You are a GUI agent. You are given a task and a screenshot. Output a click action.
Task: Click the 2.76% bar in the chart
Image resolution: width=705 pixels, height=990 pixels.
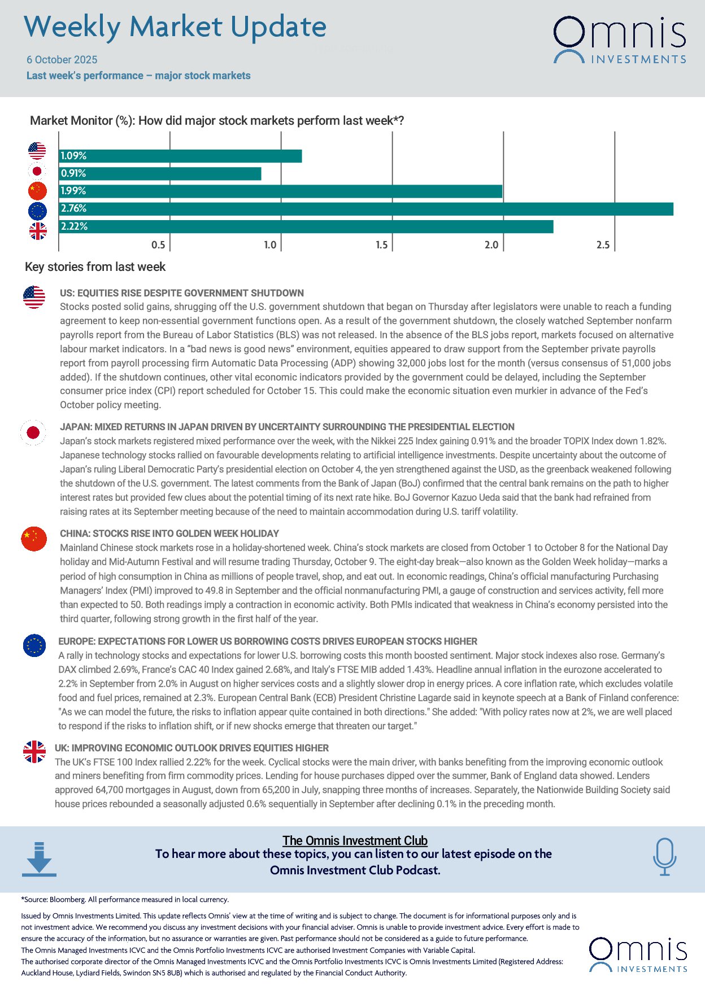[366, 209]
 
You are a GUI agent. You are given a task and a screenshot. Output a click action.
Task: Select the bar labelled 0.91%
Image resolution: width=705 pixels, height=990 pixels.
[160, 174]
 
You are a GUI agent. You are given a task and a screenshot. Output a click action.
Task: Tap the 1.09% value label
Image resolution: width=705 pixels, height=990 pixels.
[73, 156]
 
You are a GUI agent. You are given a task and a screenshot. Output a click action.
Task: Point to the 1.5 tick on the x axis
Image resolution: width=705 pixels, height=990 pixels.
[382, 244]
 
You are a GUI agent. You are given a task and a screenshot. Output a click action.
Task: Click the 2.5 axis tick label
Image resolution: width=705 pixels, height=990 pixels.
[603, 244]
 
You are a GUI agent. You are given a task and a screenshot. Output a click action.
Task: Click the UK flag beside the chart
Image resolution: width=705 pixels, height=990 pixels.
[38, 231]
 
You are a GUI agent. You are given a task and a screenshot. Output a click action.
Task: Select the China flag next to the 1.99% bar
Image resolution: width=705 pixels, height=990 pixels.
[37, 191]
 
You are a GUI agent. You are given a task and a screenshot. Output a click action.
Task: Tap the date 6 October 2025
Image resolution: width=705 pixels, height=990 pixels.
[62, 60]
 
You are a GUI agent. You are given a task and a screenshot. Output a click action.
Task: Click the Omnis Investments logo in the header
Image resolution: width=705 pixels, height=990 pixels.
[620, 40]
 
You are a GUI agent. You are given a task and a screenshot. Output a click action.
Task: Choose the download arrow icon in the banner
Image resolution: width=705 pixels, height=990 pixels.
[39, 859]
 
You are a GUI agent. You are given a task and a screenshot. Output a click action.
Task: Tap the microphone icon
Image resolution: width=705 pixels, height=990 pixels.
[664, 857]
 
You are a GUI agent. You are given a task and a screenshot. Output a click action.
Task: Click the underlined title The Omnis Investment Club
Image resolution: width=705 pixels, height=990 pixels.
[355, 840]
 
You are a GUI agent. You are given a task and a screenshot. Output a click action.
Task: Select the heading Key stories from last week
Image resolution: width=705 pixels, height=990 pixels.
[95, 267]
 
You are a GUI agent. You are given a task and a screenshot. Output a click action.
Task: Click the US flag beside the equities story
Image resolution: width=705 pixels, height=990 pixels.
[34, 297]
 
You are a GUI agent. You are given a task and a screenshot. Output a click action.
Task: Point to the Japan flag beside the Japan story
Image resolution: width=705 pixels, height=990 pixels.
[33, 433]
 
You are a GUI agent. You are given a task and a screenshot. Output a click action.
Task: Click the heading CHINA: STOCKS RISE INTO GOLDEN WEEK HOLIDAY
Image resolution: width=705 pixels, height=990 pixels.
[169, 533]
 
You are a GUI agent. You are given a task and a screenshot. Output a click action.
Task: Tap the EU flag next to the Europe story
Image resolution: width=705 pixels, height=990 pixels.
[34, 645]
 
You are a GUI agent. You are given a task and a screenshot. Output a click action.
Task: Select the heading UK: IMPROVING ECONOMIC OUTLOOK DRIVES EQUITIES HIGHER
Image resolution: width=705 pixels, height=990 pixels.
[192, 748]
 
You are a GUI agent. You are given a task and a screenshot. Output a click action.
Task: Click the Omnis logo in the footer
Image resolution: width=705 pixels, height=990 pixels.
[638, 955]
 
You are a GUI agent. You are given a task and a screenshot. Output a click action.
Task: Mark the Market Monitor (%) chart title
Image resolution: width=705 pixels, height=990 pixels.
[217, 121]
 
